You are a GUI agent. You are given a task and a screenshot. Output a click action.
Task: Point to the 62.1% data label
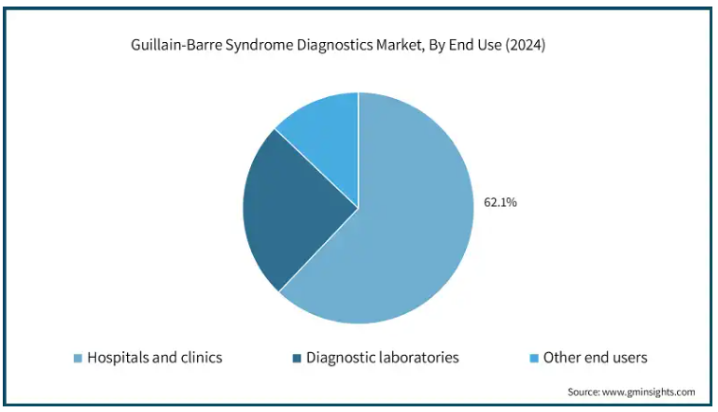point(500,202)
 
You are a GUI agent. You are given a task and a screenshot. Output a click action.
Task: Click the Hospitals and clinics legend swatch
point(77,359)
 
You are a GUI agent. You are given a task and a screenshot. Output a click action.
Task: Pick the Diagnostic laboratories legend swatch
point(297,359)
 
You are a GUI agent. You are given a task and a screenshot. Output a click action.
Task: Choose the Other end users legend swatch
point(534,359)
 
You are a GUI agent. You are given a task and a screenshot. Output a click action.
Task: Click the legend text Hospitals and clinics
point(155,358)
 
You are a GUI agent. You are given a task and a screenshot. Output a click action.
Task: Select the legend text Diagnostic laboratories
point(383,358)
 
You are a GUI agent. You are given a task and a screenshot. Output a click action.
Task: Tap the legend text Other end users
point(596,358)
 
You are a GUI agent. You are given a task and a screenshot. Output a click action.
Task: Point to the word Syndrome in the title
point(260,46)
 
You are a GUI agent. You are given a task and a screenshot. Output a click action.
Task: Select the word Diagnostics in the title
point(335,46)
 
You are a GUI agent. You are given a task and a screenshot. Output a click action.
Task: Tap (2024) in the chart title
point(526,46)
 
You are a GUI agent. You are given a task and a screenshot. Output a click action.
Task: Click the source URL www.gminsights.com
point(648,392)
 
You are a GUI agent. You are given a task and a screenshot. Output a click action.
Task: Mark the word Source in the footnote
point(584,392)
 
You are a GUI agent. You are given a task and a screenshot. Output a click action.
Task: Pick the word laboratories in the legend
point(417,358)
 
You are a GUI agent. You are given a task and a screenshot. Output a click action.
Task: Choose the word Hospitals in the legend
point(117,358)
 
